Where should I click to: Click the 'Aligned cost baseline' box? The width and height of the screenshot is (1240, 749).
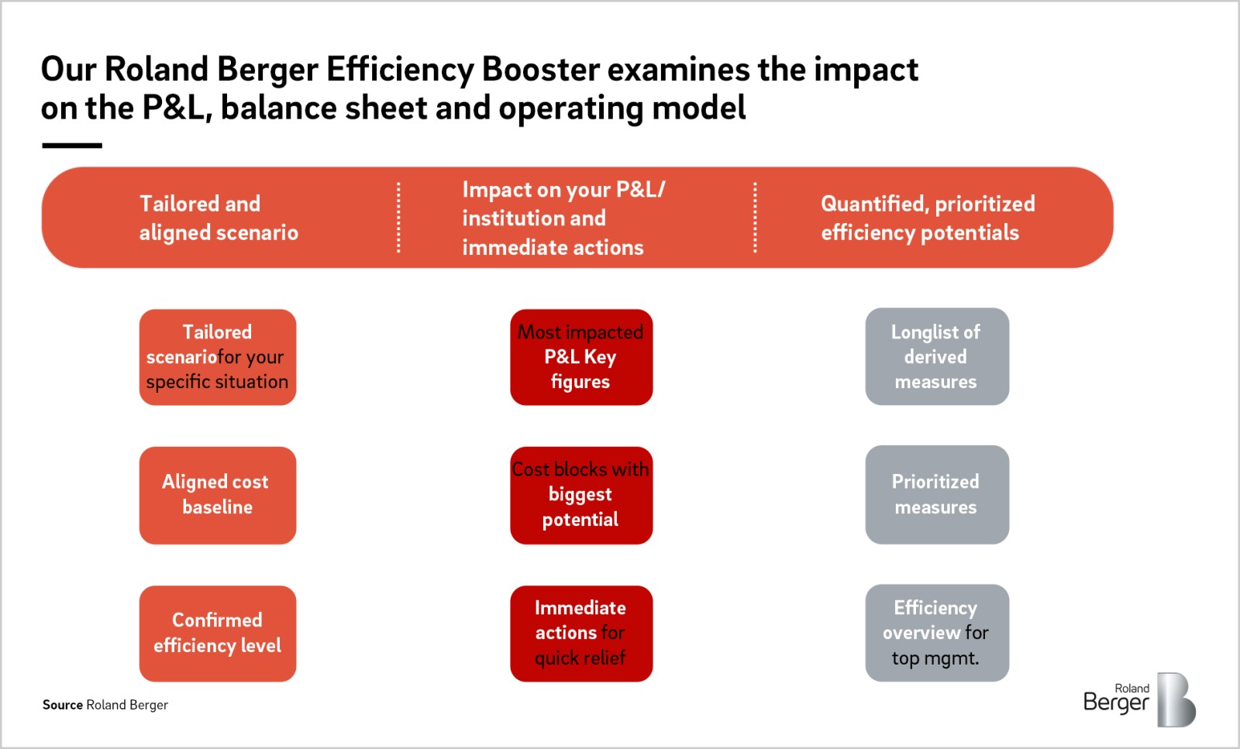(x=217, y=495)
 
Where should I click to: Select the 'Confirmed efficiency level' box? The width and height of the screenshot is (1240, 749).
(x=217, y=633)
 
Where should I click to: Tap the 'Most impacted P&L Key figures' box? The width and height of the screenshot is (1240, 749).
(x=580, y=357)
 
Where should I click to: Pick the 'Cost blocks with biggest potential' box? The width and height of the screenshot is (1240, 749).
(x=580, y=495)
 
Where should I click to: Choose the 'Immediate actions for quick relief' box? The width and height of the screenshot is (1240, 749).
(x=580, y=633)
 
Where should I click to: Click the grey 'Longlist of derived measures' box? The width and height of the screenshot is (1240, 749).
(x=936, y=357)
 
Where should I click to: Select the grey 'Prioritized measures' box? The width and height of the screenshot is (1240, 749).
(x=936, y=495)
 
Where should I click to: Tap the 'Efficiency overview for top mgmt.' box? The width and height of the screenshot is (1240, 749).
(x=936, y=633)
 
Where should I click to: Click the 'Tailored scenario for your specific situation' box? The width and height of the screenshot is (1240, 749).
(x=217, y=357)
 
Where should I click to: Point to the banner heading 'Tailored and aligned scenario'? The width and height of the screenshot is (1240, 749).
(x=218, y=218)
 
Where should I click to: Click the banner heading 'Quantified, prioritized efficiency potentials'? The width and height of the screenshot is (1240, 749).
(x=927, y=218)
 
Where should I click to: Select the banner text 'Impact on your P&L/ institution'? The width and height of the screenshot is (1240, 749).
(x=563, y=203)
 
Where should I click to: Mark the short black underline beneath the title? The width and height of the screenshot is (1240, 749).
(x=72, y=145)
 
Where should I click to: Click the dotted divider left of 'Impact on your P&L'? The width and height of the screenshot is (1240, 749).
(x=398, y=218)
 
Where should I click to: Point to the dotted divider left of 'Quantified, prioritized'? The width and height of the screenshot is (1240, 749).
(x=755, y=218)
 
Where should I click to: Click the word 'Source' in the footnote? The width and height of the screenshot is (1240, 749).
(x=62, y=705)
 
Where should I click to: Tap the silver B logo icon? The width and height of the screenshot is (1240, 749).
(x=1176, y=700)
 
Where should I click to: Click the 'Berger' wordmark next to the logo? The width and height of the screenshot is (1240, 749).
(x=1115, y=703)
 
